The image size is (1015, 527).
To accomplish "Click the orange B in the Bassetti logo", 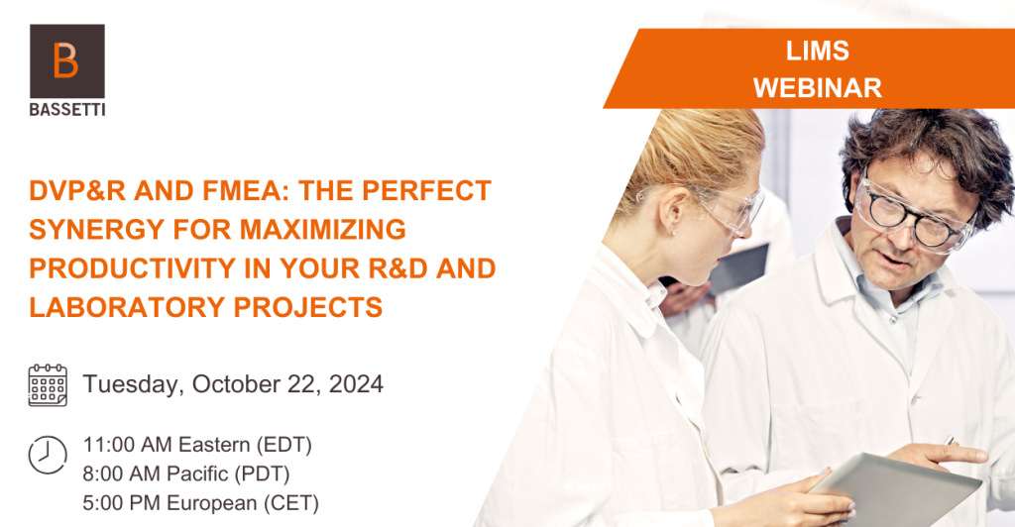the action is tap(65, 60).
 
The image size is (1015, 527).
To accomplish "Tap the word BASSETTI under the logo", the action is tap(67, 110).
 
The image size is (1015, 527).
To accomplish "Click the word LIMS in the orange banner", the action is tap(818, 52).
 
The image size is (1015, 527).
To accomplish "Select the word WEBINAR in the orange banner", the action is tap(818, 88).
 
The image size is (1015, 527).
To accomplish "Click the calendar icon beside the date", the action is tap(48, 384).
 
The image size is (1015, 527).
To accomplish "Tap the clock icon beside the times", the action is tap(48, 455).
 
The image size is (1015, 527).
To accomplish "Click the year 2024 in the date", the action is tap(356, 384).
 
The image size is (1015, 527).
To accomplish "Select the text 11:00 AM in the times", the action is tap(128, 445).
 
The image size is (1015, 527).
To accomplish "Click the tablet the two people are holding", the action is tap(896, 488).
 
